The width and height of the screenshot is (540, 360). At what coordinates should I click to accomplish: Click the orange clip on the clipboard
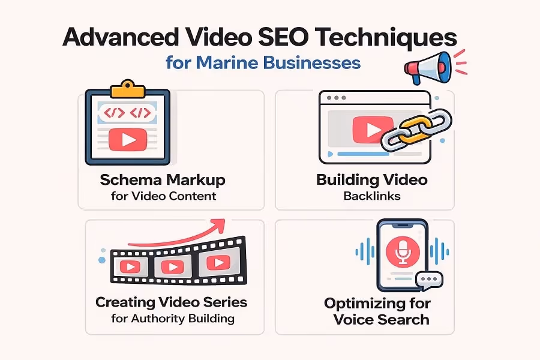(127, 88)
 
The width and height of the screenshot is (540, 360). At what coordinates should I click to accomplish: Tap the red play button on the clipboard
(127, 140)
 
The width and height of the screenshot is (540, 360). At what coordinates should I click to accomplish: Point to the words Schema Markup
(164, 181)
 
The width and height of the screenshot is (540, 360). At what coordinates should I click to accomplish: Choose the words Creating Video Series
(172, 302)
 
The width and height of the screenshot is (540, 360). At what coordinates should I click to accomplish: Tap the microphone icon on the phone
(401, 251)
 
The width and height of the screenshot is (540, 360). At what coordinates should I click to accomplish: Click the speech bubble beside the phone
(429, 280)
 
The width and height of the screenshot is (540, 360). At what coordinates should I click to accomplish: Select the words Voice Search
(382, 319)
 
